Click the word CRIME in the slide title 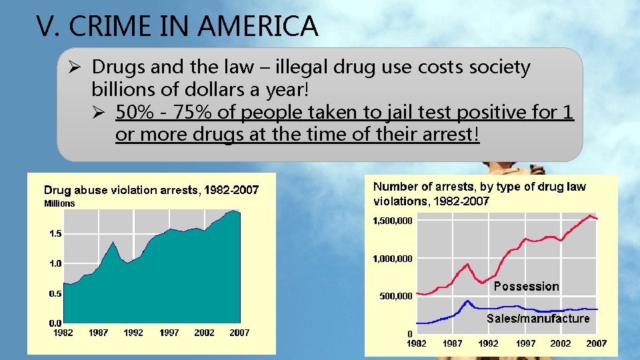coord(111,27)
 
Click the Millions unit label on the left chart coord(59,203)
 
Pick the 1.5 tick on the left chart coord(55,234)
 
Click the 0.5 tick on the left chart coord(55,293)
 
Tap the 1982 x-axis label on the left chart coord(63,333)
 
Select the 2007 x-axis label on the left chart coord(239,333)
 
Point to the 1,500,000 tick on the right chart coord(393,220)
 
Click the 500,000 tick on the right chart coord(396,296)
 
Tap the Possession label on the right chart coord(526,287)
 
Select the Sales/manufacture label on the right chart coord(537,319)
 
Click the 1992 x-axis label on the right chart coord(489,343)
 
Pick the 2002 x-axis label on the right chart coord(560,343)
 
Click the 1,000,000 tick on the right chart coord(393,258)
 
